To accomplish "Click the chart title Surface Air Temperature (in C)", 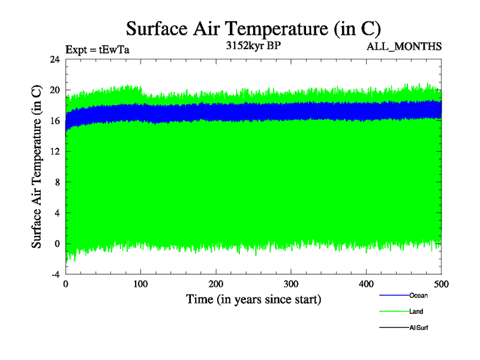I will coord(253,29).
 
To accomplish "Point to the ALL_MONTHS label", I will coord(404,47).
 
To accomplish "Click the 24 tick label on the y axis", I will coord(55,59).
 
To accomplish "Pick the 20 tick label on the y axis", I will coord(55,90).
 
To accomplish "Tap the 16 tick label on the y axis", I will coord(55,121).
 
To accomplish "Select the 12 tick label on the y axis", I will coord(55,152).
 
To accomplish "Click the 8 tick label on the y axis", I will coord(57,182).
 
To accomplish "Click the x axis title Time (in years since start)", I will coord(253,299).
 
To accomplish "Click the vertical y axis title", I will coord(37,167).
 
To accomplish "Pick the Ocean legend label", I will coord(418,295).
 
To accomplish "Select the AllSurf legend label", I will coord(419,328).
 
